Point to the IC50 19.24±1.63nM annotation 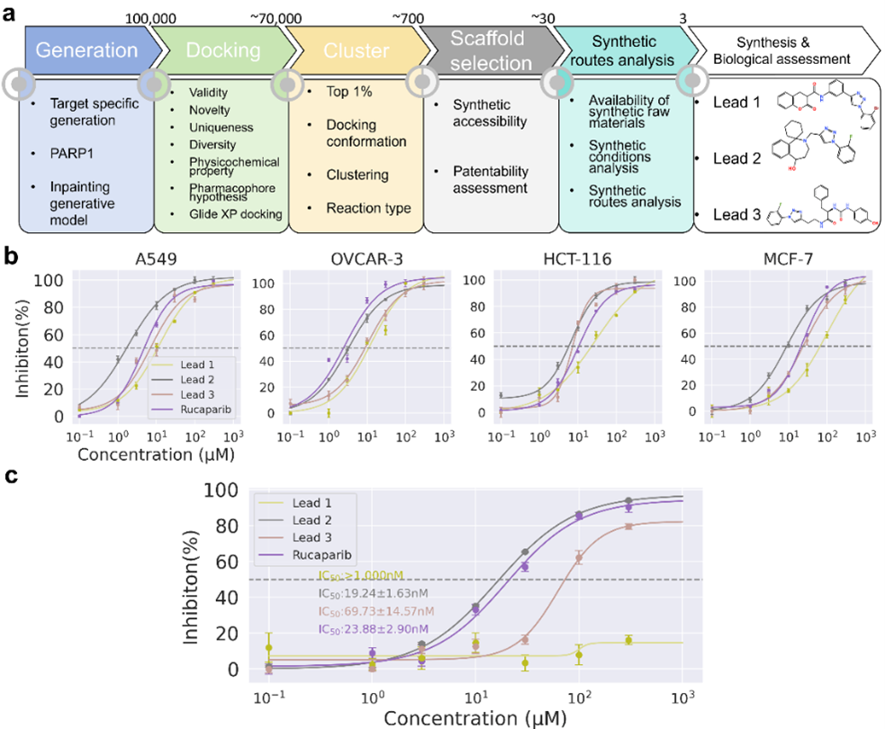(374, 594)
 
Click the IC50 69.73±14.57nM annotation (374, 611)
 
